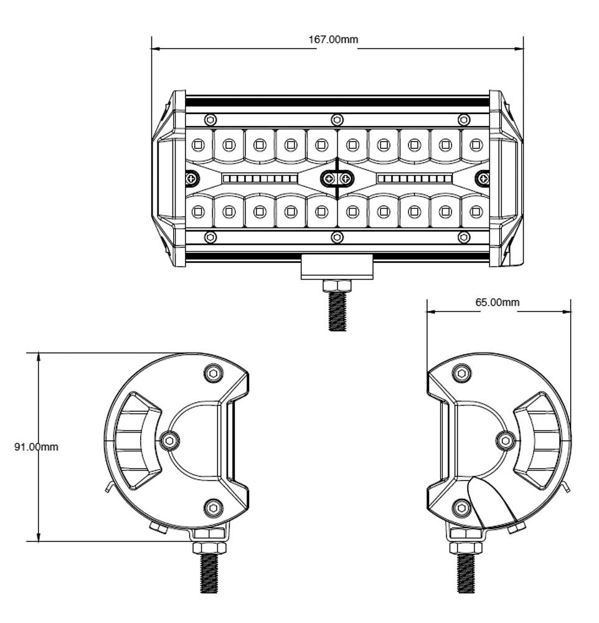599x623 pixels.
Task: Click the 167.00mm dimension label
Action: (333, 40)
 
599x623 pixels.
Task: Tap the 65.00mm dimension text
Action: (497, 303)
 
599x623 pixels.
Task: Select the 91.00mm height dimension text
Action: (36, 447)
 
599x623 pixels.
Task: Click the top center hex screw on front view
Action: (337, 120)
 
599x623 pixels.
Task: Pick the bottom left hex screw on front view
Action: (210, 237)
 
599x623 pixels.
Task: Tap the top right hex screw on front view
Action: (464, 120)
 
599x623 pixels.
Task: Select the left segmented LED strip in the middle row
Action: (260, 179)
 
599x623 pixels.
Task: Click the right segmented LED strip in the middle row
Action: (415, 179)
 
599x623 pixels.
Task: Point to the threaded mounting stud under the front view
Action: (337, 311)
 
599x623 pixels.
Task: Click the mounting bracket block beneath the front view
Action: (337, 267)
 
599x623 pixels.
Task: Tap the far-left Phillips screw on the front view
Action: (192, 179)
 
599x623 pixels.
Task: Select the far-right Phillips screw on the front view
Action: (483, 179)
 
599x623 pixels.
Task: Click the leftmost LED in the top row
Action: (198, 145)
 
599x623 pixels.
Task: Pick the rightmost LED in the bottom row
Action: (476, 212)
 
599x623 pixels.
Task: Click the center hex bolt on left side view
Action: (169, 441)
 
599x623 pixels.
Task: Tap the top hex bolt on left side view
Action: (214, 374)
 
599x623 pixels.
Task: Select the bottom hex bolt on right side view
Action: (461, 508)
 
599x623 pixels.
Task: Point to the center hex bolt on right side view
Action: (506, 441)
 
